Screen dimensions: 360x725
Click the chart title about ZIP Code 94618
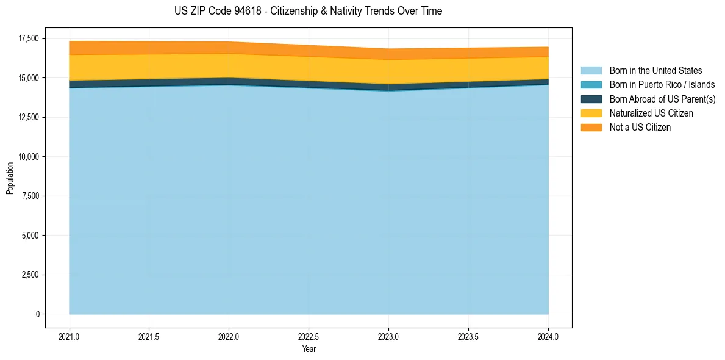(x=308, y=11)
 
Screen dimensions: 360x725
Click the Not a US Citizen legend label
(x=640, y=128)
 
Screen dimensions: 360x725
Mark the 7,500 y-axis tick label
(x=29, y=196)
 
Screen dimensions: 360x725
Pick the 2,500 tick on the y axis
(x=29, y=275)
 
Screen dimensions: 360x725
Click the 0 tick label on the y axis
(x=37, y=314)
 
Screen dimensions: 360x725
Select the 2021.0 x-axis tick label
(x=69, y=336)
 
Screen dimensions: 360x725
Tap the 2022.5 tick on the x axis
(x=309, y=336)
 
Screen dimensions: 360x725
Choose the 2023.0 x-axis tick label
(x=388, y=336)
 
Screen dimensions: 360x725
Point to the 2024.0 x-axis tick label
(x=548, y=336)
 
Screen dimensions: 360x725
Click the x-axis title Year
(x=309, y=350)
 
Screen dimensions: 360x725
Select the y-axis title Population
(x=10, y=178)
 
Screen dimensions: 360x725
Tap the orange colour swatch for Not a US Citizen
(x=591, y=128)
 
